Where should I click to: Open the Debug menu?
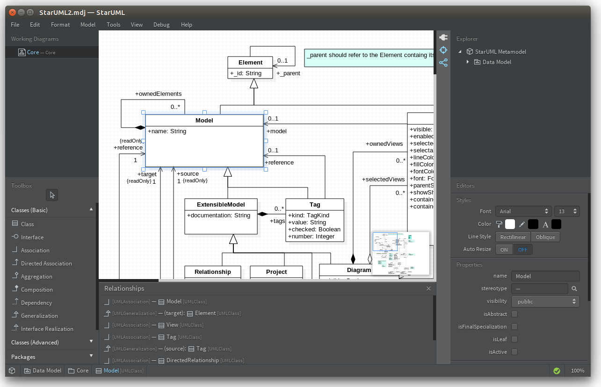161,25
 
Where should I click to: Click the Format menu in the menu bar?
60,25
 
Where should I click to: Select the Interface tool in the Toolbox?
32,237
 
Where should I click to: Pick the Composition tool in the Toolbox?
36,290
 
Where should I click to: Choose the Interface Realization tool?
47,329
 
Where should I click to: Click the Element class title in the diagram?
250,63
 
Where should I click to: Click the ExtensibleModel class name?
221,205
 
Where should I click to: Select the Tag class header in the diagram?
315,205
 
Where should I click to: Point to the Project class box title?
276,272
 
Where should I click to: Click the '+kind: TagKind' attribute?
309,215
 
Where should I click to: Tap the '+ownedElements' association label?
158,94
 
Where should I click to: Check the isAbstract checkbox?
514,314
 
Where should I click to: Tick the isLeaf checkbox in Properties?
514,339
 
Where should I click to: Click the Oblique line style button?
545,237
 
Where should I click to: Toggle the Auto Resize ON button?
504,250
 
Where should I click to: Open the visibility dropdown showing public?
545,301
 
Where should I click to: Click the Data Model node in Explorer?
496,62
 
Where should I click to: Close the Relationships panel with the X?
428,289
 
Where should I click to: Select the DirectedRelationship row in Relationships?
192,360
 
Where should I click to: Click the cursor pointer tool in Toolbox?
52,195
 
